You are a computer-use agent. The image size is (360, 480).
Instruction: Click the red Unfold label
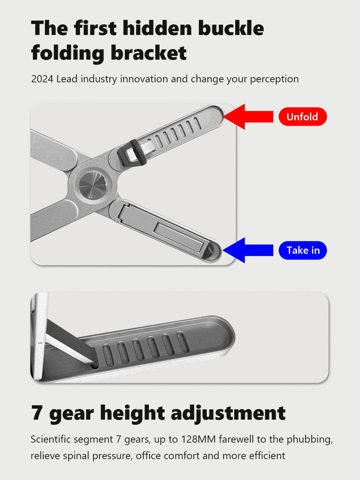pyautogui.click(x=303, y=117)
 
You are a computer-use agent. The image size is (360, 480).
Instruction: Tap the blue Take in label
pyautogui.click(x=303, y=250)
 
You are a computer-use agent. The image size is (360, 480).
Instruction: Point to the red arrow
pyautogui.click(x=248, y=117)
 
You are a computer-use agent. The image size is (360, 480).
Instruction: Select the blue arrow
pyautogui.click(x=248, y=250)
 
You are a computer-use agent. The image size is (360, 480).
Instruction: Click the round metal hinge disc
pyautogui.click(x=93, y=185)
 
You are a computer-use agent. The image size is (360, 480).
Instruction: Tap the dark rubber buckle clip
pyautogui.click(x=131, y=153)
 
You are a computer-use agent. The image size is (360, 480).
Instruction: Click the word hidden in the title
pyautogui.click(x=157, y=28)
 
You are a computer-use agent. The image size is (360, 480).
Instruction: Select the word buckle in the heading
pyautogui.click(x=231, y=28)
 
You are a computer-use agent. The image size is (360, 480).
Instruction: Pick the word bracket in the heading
pyautogui.click(x=149, y=53)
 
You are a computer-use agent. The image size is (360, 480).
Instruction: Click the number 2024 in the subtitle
pyautogui.click(x=42, y=79)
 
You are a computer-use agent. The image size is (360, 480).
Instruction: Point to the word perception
pyautogui.click(x=274, y=80)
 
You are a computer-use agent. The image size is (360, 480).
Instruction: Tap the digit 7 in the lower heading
pyautogui.click(x=36, y=413)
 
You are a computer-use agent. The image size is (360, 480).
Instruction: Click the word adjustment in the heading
pyautogui.click(x=228, y=413)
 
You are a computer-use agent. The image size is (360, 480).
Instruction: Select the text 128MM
pyautogui.click(x=199, y=439)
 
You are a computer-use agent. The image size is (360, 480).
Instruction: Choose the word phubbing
pyautogui.click(x=310, y=440)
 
